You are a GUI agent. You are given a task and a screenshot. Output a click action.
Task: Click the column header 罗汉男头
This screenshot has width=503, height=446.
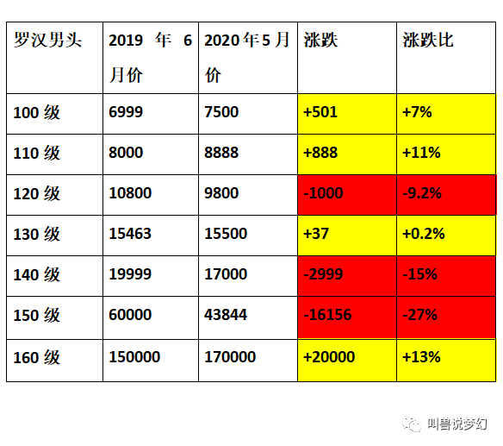(47, 41)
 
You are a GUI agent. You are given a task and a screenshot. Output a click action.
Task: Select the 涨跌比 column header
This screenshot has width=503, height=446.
(428, 41)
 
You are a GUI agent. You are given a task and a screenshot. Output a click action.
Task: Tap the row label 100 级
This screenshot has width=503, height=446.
(36, 113)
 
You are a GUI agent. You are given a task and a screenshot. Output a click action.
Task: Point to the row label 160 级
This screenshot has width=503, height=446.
(36, 357)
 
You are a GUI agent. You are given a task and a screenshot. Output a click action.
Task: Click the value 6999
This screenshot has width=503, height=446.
(126, 112)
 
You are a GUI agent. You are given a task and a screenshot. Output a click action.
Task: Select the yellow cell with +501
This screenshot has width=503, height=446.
(347, 114)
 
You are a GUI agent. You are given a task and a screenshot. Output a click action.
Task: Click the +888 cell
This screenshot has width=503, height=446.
(347, 154)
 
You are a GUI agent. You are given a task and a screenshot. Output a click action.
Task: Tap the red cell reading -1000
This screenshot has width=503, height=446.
(347, 195)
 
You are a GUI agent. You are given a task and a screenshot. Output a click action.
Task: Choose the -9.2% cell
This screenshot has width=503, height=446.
(446, 195)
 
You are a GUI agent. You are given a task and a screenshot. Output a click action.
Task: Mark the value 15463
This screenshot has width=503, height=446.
(130, 234)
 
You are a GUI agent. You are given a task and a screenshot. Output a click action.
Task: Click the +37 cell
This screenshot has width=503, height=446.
(347, 236)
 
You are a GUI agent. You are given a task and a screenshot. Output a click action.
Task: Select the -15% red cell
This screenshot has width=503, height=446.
(446, 276)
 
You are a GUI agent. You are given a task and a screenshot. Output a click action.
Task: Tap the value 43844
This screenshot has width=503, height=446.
(226, 315)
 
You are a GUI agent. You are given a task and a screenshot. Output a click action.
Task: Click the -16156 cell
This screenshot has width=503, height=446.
(347, 317)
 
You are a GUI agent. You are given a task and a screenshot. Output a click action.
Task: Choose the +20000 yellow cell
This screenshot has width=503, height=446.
(347, 361)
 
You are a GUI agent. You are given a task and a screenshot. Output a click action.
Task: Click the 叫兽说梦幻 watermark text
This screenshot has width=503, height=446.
(457, 424)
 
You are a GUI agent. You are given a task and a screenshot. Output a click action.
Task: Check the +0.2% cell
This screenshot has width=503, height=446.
(446, 236)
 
